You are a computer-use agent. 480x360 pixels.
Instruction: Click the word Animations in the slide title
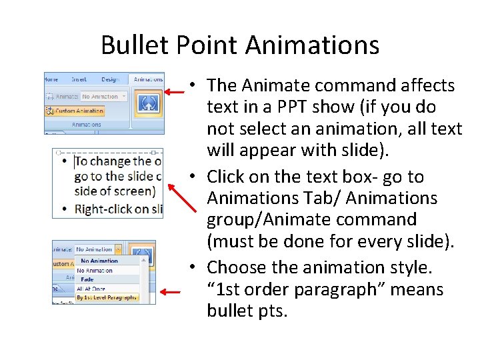(x=313, y=45)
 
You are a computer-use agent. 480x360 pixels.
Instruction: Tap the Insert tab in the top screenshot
(x=79, y=79)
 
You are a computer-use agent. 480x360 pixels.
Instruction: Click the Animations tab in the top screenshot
(x=147, y=79)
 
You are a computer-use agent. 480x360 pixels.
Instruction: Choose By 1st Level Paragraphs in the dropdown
(x=107, y=297)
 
